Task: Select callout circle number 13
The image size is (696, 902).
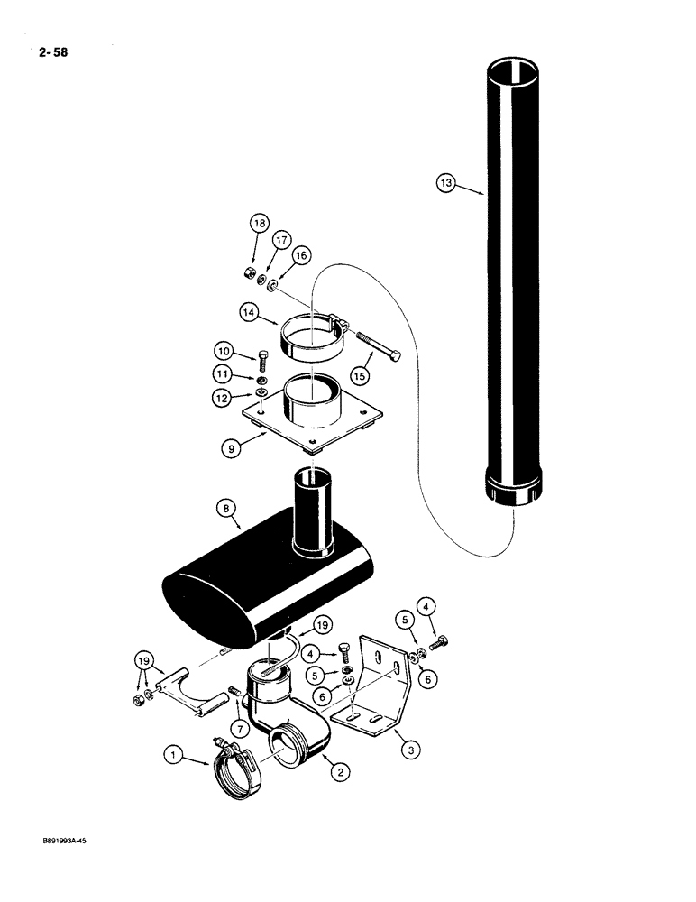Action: (444, 183)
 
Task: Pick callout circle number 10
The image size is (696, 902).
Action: (223, 349)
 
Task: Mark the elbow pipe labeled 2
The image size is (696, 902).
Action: (288, 731)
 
